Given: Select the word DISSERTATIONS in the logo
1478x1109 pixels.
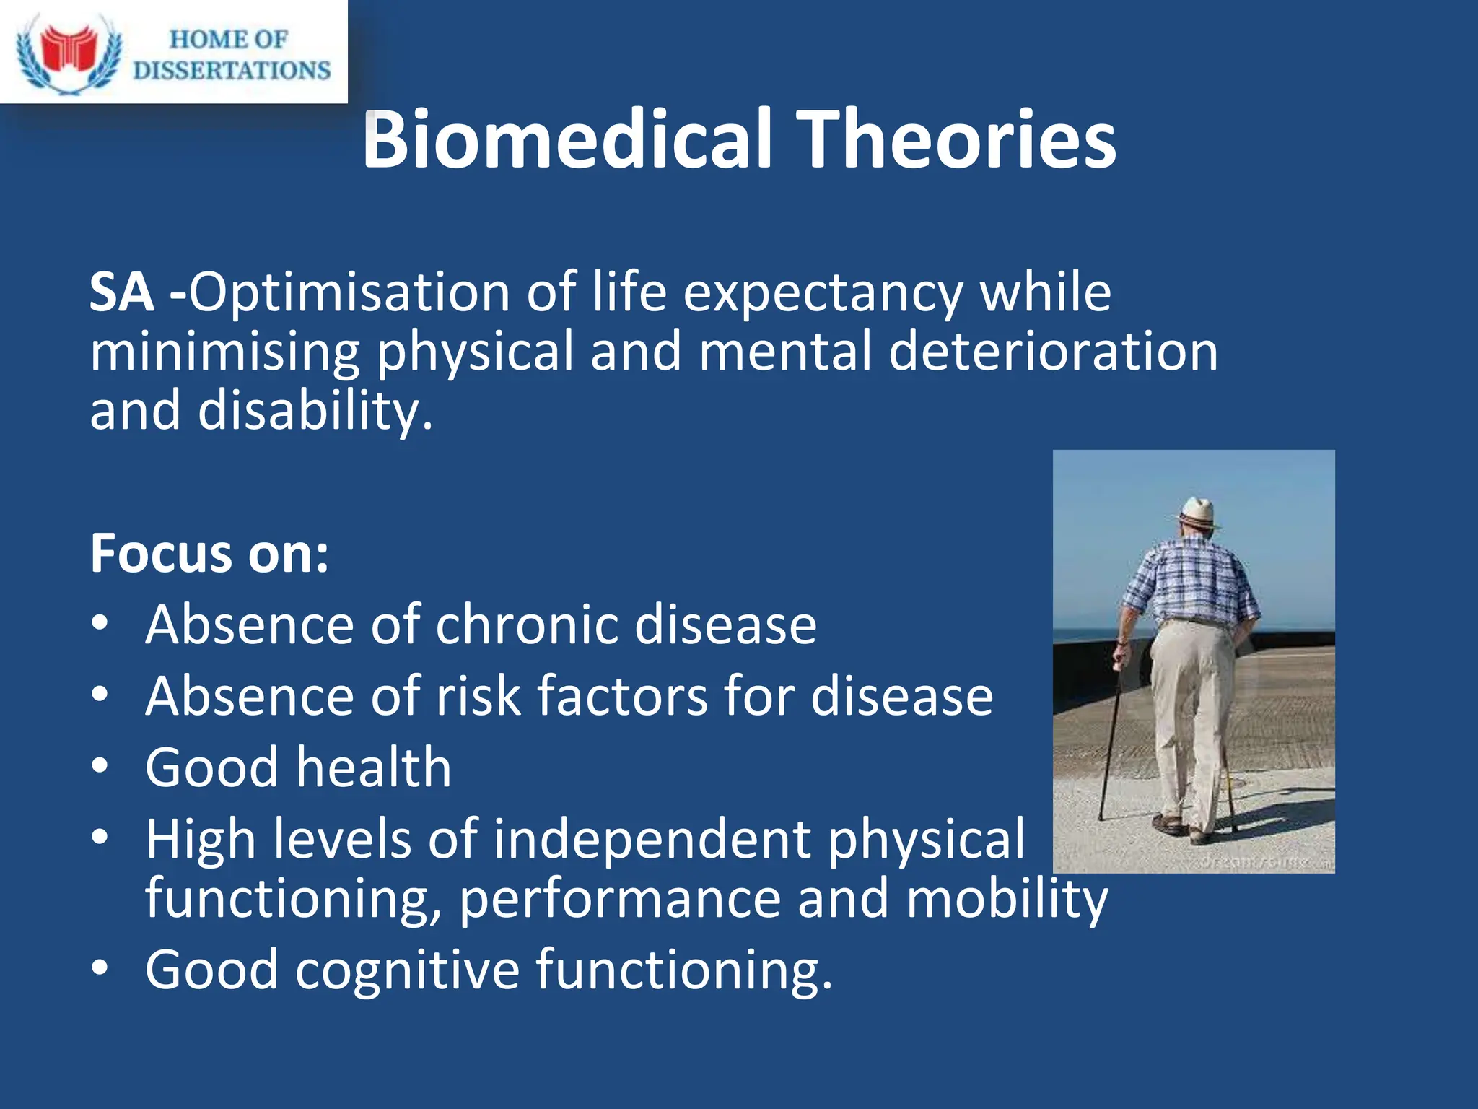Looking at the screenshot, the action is click(232, 70).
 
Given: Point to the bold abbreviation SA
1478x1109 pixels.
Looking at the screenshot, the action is click(122, 293).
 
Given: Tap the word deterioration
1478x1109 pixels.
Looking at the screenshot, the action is click(1053, 352).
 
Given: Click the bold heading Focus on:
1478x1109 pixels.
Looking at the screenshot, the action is click(209, 554).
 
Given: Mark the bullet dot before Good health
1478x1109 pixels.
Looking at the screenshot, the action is click(100, 765).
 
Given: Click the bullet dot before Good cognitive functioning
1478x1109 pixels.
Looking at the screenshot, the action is click(100, 967).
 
